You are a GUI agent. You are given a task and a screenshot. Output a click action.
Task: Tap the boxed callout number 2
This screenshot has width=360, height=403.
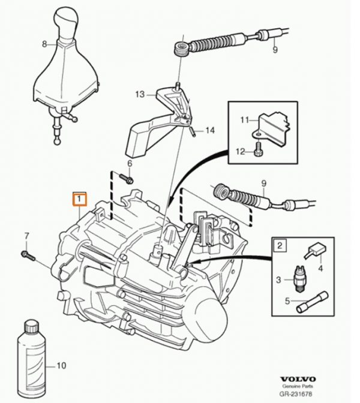280,244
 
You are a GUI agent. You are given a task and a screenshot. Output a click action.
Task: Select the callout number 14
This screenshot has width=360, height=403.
209,130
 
